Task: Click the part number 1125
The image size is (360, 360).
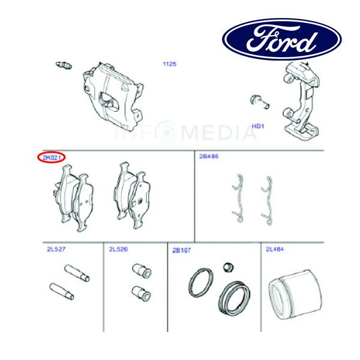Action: point(169,64)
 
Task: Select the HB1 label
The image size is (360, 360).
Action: point(259,127)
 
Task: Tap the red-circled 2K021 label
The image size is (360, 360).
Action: point(52,157)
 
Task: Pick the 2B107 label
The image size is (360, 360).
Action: point(181,250)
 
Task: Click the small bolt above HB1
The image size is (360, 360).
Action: point(260,101)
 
